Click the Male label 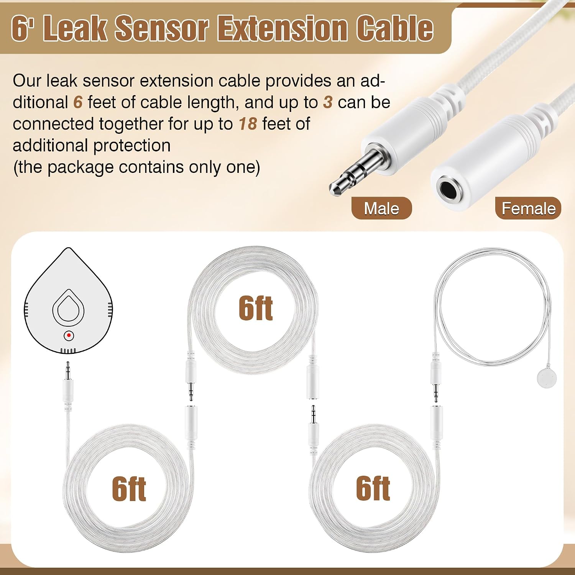381,209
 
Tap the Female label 528,209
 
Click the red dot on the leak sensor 69,335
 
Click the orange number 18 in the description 248,124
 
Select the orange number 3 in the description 328,102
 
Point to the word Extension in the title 282,28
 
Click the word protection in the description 132,146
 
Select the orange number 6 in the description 78,102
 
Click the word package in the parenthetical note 81,168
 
